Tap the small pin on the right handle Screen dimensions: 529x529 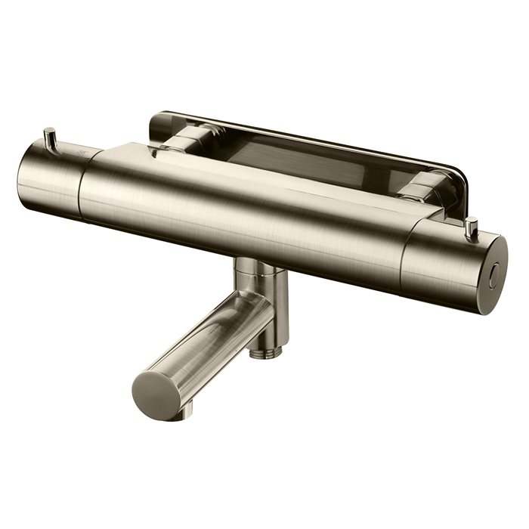tap(472, 225)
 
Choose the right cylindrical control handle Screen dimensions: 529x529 tap(457, 261)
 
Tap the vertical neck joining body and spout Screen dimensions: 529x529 tap(254, 276)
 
